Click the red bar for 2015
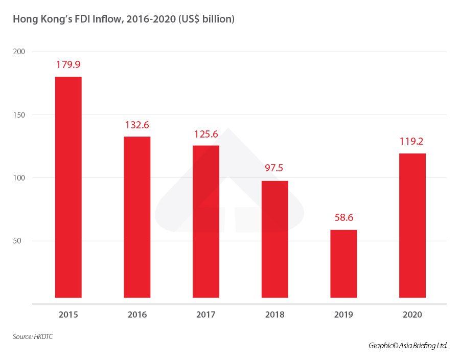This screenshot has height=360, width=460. (x=68, y=187)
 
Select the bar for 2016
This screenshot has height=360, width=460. (x=137, y=217)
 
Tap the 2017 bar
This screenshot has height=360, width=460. (x=206, y=221)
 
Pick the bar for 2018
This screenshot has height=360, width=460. (x=274, y=239)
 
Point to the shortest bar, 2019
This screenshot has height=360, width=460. (x=343, y=263)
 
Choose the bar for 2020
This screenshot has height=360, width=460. (x=412, y=225)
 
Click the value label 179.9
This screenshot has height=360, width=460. (x=68, y=65)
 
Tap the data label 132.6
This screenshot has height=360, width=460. (x=137, y=125)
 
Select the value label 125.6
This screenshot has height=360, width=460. (x=206, y=134)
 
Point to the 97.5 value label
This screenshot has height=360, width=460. (x=274, y=169)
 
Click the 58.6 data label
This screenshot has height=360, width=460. (x=343, y=218)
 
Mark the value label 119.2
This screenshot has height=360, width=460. (x=412, y=142)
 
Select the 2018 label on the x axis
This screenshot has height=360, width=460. (x=274, y=314)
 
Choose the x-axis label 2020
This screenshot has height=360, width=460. (x=412, y=314)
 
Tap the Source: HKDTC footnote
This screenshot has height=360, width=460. (x=33, y=336)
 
